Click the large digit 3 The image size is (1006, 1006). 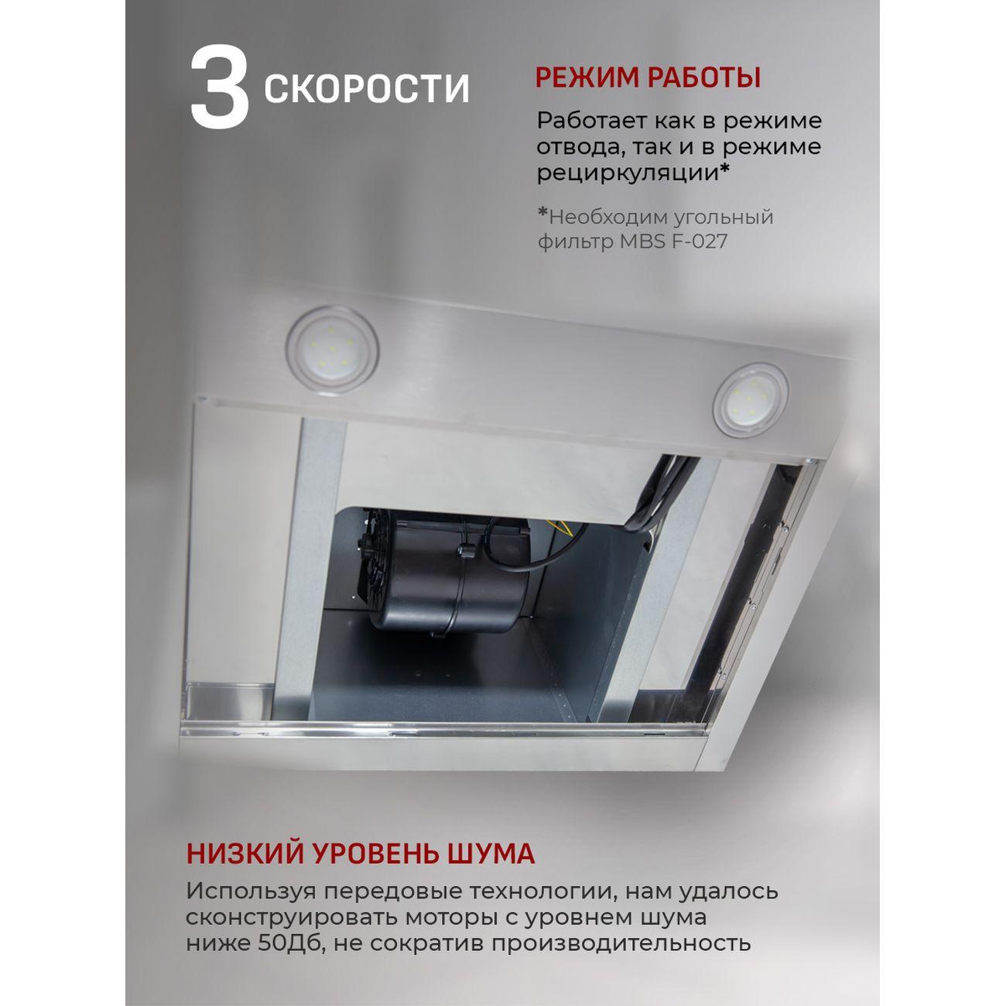[x=219, y=89]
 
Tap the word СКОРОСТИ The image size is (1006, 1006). [x=367, y=89]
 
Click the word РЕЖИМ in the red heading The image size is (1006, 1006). [x=587, y=77]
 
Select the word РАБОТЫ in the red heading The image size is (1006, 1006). [x=703, y=77]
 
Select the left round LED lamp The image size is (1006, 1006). [x=331, y=348]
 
